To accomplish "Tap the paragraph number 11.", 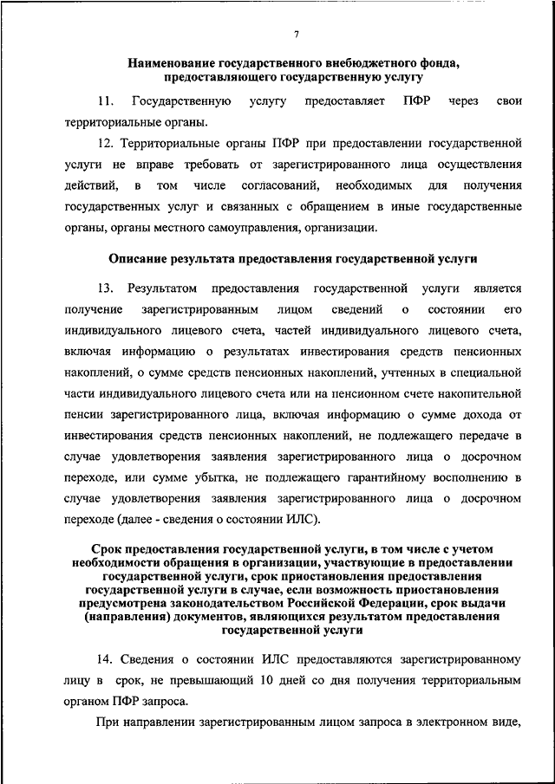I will (x=106, y=101).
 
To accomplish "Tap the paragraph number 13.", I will (x=106, y=288).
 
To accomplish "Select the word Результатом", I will (x=162, y=288).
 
